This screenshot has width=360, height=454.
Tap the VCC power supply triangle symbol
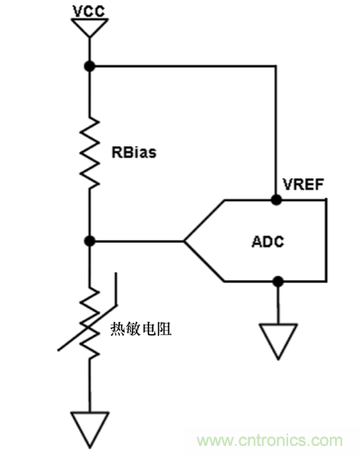tap(89, 29)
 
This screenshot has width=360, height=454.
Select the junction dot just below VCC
tap(89, 67)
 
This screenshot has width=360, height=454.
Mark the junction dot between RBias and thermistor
tap(89, 240)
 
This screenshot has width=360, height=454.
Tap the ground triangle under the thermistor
tap(89, 429)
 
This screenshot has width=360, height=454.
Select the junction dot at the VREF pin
tap(278, 200)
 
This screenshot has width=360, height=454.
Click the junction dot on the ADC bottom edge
tap(278, 281)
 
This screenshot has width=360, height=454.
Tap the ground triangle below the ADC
tap(278, 342)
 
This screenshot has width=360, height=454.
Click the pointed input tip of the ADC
tap(186, 240)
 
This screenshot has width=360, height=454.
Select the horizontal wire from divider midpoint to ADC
tap(137, 240)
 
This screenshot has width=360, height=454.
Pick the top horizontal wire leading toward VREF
tap(182, 67)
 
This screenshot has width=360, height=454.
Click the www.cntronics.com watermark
tap(270, 441)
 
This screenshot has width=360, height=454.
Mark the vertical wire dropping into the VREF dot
tap(278, 133)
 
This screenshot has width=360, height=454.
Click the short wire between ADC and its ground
tap(278, 303)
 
